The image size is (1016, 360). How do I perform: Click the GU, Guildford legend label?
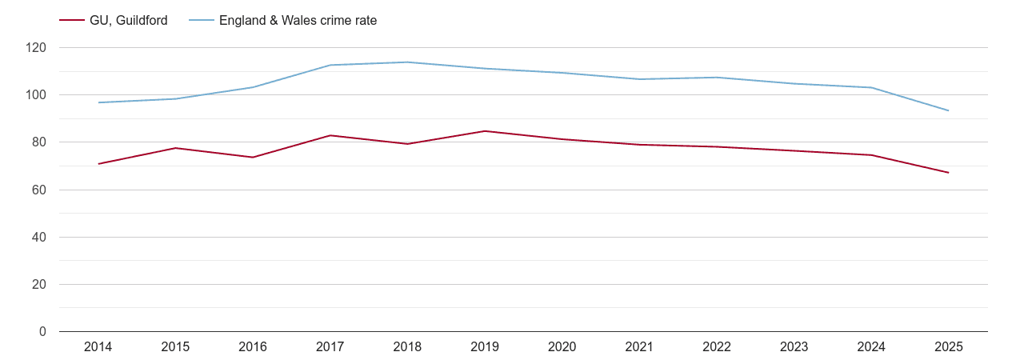tap(128, 21)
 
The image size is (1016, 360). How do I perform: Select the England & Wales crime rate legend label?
tap(298, 21)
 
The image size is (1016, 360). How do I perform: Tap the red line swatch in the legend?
tap(72, 21)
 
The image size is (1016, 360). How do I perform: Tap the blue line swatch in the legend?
tap(202, 21)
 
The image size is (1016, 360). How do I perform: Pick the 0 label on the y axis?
tap(43, 332)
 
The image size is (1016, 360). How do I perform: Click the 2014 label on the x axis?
tap(98, 347)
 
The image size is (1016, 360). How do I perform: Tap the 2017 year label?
tap(330, 347)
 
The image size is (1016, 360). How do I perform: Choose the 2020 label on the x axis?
tap(562, 347)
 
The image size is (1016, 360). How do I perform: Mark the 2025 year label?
tap(948, 347)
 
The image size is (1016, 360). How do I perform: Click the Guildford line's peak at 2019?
tap(485, 131)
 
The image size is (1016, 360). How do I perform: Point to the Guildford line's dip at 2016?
tap(253, 157)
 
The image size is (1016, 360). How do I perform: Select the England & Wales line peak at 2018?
tap(407, 62)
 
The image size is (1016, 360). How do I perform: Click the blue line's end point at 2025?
tap(948, 110)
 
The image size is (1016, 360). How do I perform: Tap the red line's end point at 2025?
tap(948, 173)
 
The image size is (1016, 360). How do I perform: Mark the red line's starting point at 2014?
tap(98, 164)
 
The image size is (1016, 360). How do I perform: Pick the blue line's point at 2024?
tap(871, 87)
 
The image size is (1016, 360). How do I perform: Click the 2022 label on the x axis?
tap(716, 347)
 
